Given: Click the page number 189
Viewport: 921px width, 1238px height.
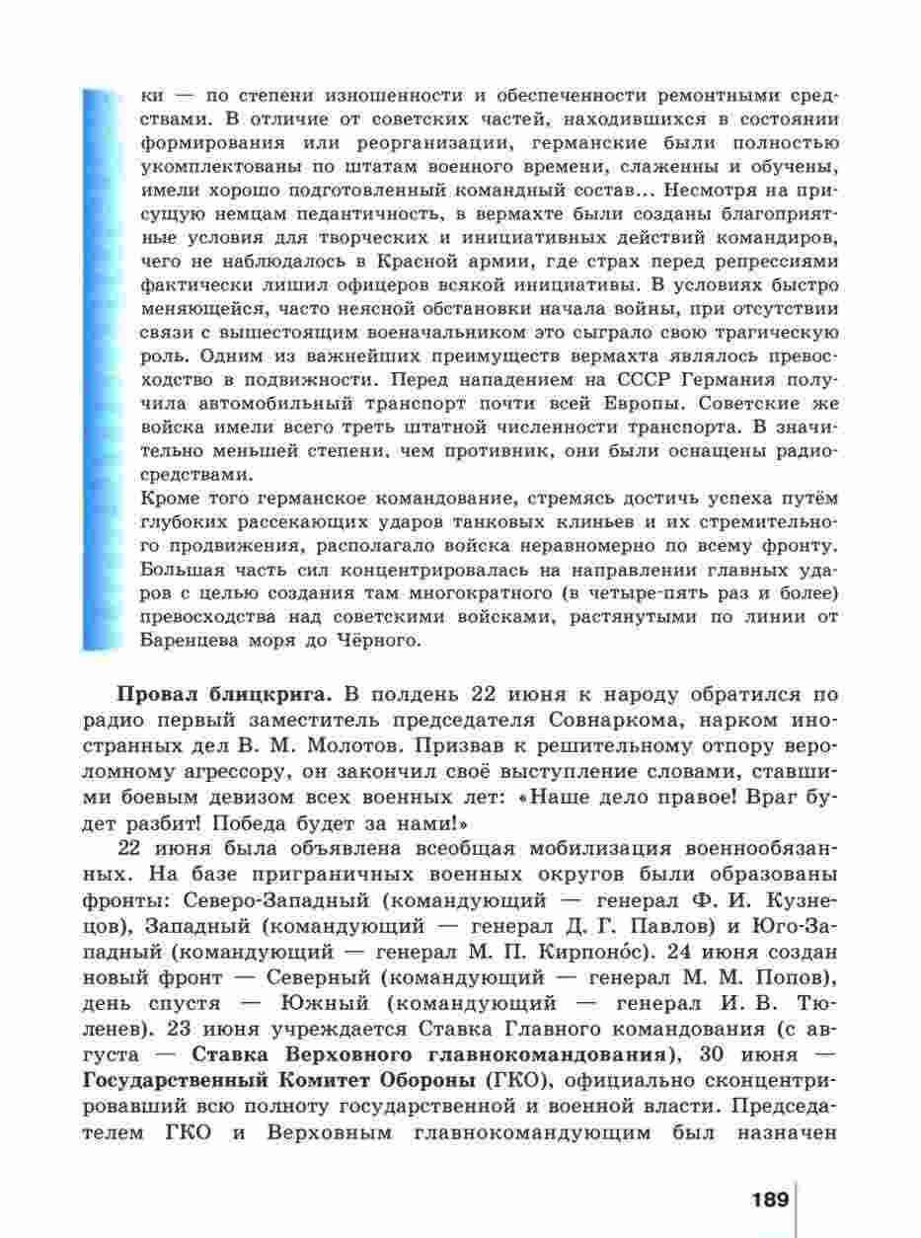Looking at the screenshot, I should [x=770, y=1200].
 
